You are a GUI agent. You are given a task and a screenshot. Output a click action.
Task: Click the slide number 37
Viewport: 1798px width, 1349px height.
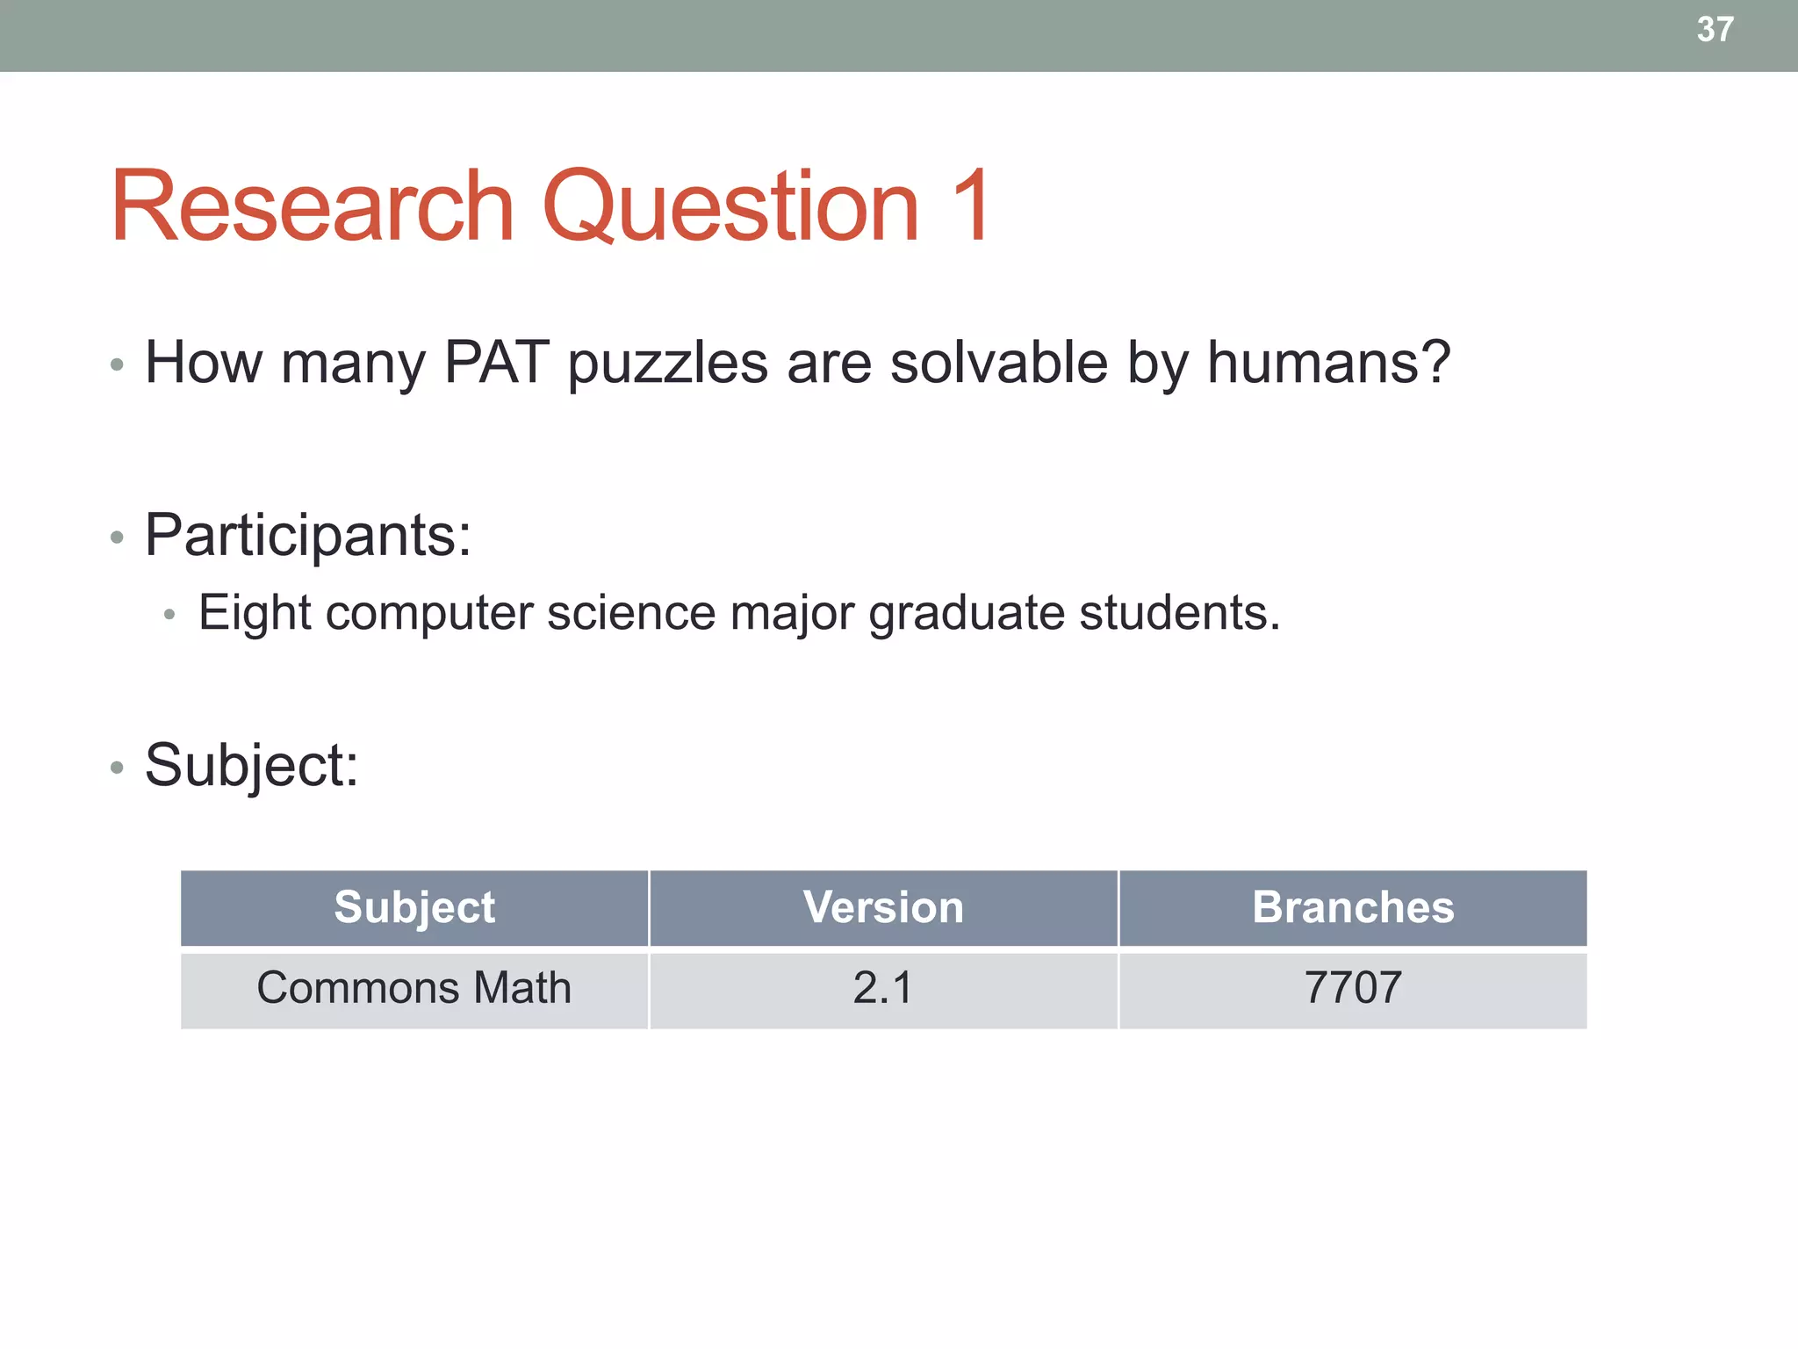tap(1715, 30)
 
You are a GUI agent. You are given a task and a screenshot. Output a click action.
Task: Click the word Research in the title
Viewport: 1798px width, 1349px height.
tap(312, 206)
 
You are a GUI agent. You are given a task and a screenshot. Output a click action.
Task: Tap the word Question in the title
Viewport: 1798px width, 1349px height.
tap(730, 206)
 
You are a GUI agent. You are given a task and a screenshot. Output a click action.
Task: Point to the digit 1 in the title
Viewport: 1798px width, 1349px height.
tap(971, 206)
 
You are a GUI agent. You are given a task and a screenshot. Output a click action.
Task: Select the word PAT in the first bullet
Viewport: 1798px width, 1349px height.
tap(497, 362)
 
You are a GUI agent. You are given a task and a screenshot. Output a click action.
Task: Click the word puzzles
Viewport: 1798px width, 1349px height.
tap(667, 364)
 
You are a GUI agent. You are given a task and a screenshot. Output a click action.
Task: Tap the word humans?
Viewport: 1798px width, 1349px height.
tap(1328, 362)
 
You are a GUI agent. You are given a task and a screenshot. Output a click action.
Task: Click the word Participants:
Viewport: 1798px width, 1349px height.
tap(308, 535)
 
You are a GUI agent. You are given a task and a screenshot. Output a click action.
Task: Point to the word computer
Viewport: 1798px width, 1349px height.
tap(429, 613)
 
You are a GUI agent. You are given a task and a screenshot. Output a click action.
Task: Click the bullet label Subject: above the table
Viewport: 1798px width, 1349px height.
tap(252, 765)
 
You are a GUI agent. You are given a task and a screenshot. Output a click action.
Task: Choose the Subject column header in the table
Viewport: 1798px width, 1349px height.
tap(414, 907)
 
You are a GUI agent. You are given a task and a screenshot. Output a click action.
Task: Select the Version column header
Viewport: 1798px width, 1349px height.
tap(883, 907)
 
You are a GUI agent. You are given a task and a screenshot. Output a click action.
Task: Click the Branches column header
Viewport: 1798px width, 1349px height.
tap(1353, 907)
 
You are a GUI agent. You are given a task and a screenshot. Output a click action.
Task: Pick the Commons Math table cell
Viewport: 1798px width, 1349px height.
tap(414, 988)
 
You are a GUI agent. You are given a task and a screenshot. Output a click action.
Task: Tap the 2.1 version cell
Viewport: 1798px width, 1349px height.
tap(883, 988)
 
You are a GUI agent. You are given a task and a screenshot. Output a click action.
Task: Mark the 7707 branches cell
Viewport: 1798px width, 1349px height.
tap(1353, 988)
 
